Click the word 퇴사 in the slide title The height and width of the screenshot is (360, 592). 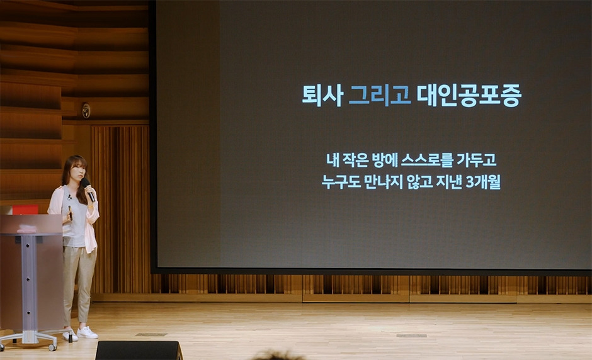pos(322,95)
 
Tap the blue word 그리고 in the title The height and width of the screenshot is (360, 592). pos(380,94)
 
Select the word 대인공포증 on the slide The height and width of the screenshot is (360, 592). pos(469,96)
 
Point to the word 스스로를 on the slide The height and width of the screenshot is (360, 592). pos(426,160)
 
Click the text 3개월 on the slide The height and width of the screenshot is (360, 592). pos(483,182)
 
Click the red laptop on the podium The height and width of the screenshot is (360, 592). pos(25,210)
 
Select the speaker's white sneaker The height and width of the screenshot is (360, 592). pos(87,332)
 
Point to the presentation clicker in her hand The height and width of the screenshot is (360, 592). pos(71,213)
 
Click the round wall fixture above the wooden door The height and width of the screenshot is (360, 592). pos(86,110)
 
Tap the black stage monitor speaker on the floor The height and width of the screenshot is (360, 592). pos(139,351)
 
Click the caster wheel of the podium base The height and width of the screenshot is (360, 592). pos(53,346)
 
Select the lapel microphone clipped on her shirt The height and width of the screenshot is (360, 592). pos(69,196)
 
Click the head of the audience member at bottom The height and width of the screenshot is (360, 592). pos(275,356)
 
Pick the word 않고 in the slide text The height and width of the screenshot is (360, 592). pos(419,182)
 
